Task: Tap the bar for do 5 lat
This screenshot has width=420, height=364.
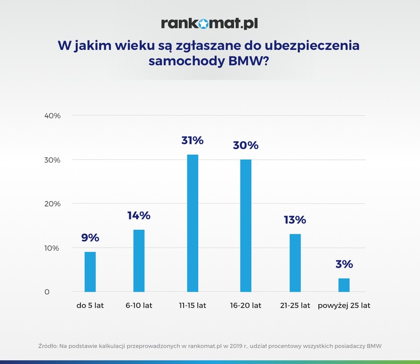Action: pyautogui.click(x=90, y=272)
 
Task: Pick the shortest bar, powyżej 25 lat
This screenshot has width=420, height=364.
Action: pyautogui.click(x=344, y=285)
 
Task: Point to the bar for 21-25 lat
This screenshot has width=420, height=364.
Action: pyautogui.click(x=295, y=263)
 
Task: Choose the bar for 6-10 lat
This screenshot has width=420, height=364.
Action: pyautogui.click(x=139, y=260)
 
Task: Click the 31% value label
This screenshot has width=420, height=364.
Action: pyautogui.click(x=192, y=140)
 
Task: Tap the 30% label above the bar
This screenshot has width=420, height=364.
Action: pyautogui.click(x=245, y=145)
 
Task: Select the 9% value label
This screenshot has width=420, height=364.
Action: pyautogui.click(x=90, y=237)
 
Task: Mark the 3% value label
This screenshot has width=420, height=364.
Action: pyautogui.click(x=344, y=264)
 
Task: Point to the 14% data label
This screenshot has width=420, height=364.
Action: pyautogui.click(x=139, y=216)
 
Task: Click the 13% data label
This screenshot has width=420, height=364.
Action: pyautogui.click(x=295, y=220)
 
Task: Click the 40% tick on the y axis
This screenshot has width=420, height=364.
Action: pyautogui.click(x=53, y=116)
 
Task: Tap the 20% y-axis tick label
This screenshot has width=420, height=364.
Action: pyautogui.click(x=53, y=204)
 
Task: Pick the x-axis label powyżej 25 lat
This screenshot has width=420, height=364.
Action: pyautogui.click(x=344, y=306)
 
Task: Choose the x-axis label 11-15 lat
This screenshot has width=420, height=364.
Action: pyautogui.click(x=192, y=306)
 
